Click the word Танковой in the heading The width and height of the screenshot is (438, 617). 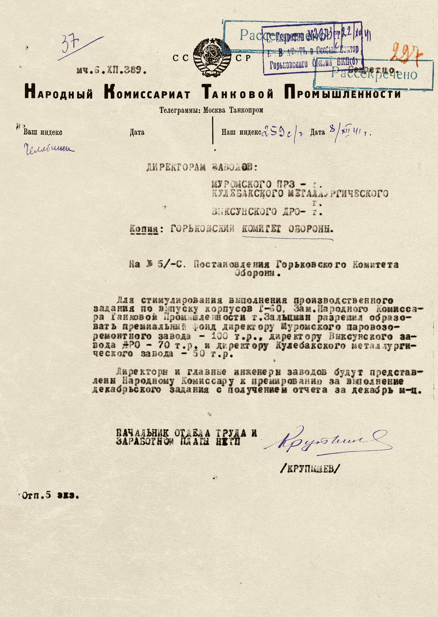point(237,93)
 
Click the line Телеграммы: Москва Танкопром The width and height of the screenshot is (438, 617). point(211,110)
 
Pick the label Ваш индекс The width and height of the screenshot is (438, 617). point(43,132)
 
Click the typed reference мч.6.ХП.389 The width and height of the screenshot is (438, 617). point(111,70)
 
